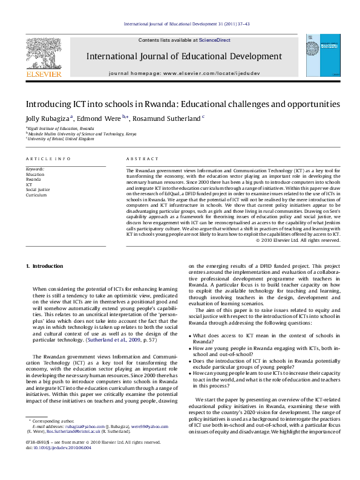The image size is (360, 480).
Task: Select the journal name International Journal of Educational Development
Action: click(x=185, y=56)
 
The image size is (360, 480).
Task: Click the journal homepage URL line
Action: click(x=185, y=73)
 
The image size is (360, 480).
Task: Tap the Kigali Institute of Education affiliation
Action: click(x=61, y=129)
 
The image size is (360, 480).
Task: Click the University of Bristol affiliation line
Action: click(x=61, y=138)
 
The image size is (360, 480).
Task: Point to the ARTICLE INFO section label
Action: click(x=48, y=159)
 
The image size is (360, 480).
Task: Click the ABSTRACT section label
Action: click(x=142, y=159)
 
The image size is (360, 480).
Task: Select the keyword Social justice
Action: click(x=38, y=189)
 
